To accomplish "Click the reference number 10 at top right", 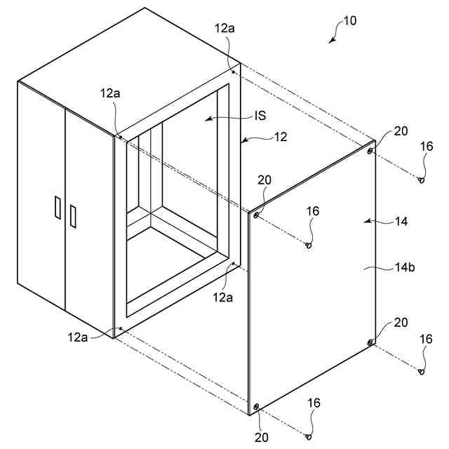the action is coord(349,21).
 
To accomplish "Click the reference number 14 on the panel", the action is coord(401,221).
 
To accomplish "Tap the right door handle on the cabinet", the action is coord(72,215).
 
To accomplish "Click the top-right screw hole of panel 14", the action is coord(370,150).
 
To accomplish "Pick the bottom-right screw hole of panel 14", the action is coord(370,342).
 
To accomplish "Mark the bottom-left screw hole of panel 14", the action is coord(257,406).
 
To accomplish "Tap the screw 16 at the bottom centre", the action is coord(309,436).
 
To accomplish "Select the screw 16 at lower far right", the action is coord(422,372).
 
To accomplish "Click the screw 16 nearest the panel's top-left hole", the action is coord(309,245).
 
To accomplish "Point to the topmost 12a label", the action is coord(224,28).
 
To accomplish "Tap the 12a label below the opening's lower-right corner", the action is coord(223,297).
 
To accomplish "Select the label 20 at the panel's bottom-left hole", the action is coord(262,436).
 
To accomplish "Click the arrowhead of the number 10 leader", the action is coord(331,41).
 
